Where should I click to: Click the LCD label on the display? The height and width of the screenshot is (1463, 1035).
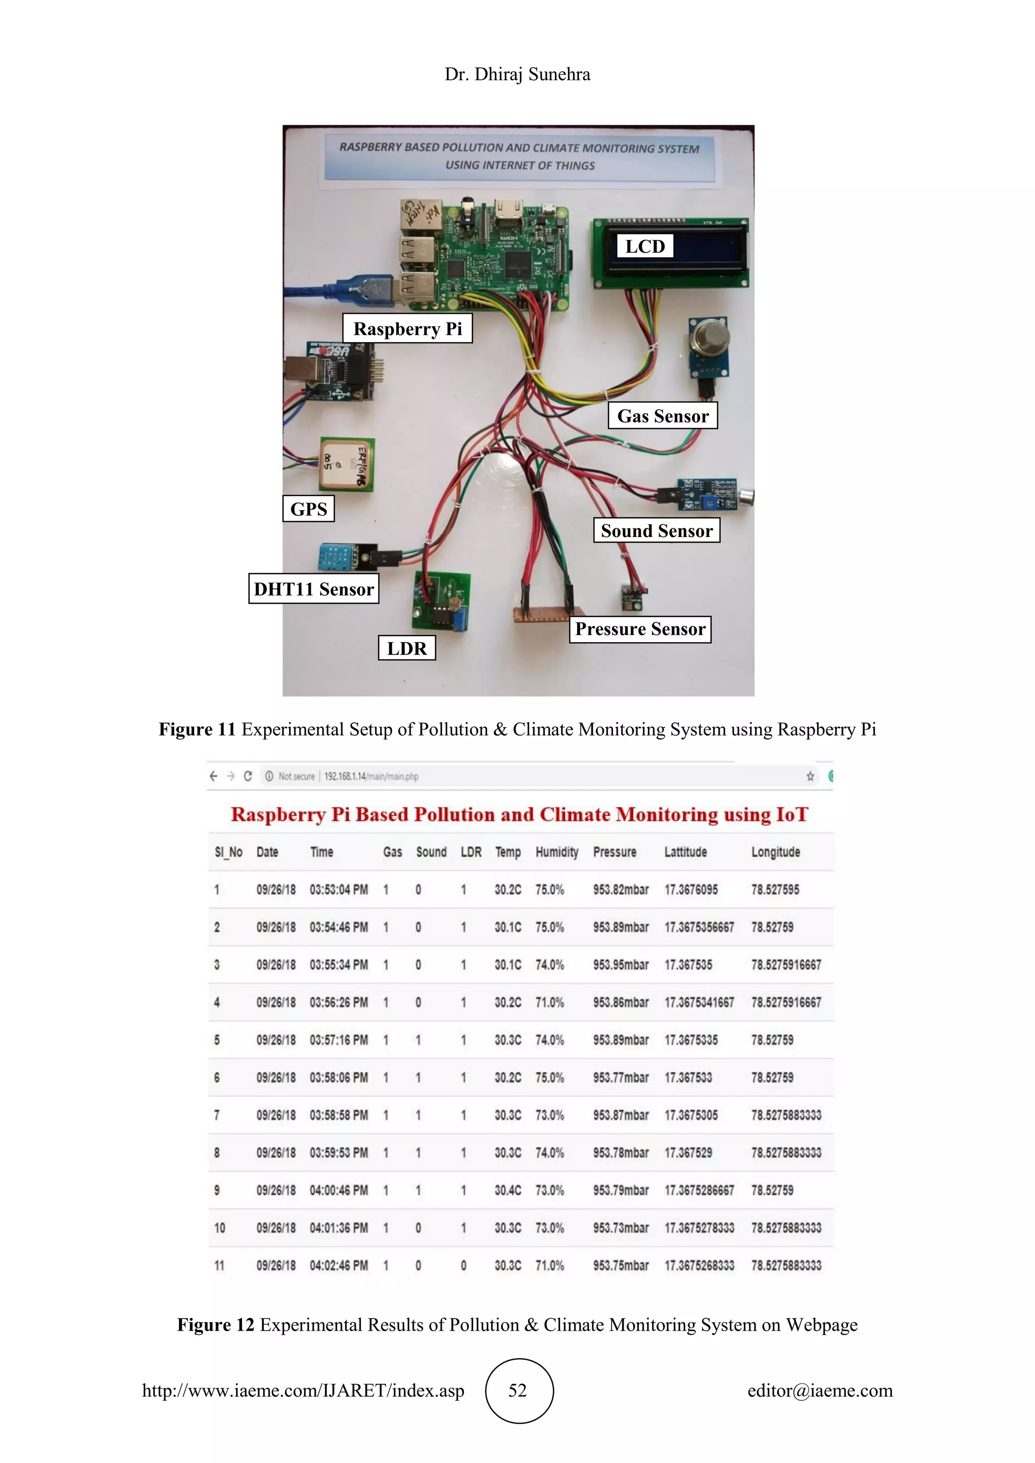pos(644,246)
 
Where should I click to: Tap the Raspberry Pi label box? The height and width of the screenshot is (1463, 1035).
pos(407,328)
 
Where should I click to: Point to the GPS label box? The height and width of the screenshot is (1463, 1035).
pos(308,509)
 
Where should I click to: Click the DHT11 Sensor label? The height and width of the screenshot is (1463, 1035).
pos(313,588)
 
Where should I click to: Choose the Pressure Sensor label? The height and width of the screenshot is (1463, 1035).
pos(640,629)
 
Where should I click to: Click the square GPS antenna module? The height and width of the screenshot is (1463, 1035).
pos(347,464)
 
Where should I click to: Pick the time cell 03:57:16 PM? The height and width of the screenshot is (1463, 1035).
pos(339,1040)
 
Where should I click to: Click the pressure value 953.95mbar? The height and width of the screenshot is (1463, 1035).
pos(620,965)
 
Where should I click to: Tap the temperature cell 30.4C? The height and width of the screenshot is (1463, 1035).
pos(507,1190)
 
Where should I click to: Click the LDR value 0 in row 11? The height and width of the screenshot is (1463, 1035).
pos(463,1265)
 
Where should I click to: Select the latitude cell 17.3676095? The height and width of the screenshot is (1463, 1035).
pos(691,890)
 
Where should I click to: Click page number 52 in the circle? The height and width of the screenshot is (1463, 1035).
pos(518,1390)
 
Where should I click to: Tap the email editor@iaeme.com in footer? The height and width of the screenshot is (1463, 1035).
pos(820,1390)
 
